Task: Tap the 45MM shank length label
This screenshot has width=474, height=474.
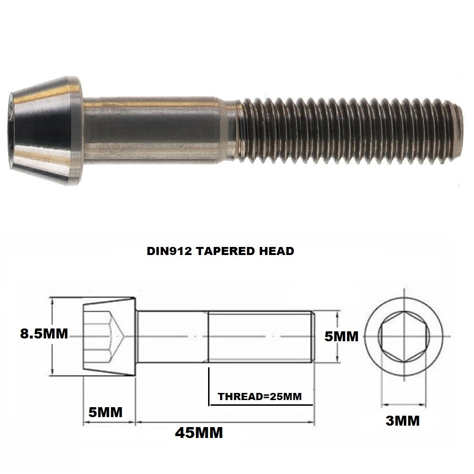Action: (199, 432)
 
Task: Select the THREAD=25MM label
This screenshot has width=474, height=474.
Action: (260, 396)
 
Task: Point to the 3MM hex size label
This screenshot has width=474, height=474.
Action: (402, 420)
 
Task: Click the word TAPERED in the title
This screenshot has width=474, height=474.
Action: (224, 251)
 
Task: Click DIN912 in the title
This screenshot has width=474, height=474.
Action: (169, 251)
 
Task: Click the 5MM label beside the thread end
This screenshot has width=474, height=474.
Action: (341, 337)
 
